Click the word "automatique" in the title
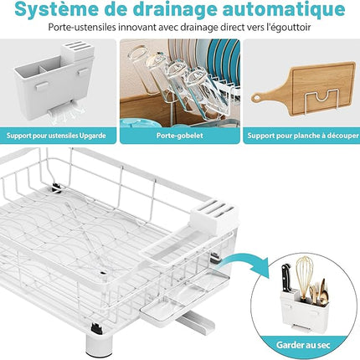point(284,9)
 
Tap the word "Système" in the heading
point(56,9)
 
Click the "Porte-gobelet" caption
point(180,136)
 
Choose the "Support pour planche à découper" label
point(303,136)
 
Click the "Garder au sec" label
point(303,345)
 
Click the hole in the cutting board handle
point(256,98)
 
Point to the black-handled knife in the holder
point(286,279)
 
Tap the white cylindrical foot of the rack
point(97,345)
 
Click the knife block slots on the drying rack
point(214,215)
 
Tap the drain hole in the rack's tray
point(103,273)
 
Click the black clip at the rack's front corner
point(96,328)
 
